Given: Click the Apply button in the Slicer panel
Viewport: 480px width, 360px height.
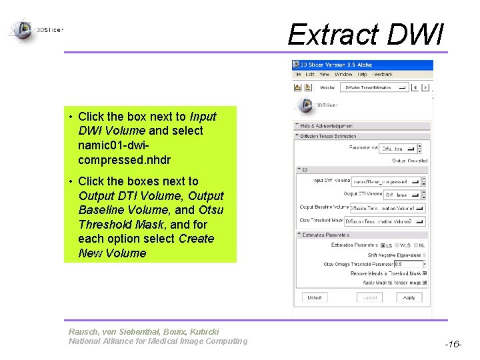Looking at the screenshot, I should (409, 297).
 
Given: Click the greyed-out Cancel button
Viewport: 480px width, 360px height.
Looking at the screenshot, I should (369, 297).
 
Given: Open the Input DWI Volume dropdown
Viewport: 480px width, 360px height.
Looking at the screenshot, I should (389, 181).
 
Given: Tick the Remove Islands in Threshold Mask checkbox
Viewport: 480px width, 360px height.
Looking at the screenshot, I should (425, 273).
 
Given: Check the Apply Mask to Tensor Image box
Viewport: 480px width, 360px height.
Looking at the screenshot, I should (425, 282).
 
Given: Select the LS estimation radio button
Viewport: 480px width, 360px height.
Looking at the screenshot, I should (382, 245).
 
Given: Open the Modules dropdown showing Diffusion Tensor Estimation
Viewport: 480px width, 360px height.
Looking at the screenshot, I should (375, 87).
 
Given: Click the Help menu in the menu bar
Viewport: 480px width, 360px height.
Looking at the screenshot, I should (363, 74).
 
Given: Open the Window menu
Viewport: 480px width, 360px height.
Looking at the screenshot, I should (343, 74).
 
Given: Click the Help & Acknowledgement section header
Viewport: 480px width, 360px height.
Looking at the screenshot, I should (327, 125).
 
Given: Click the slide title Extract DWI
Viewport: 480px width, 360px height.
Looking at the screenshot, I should (365, 33).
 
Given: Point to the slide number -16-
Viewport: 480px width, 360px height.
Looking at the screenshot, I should (453, 345).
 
